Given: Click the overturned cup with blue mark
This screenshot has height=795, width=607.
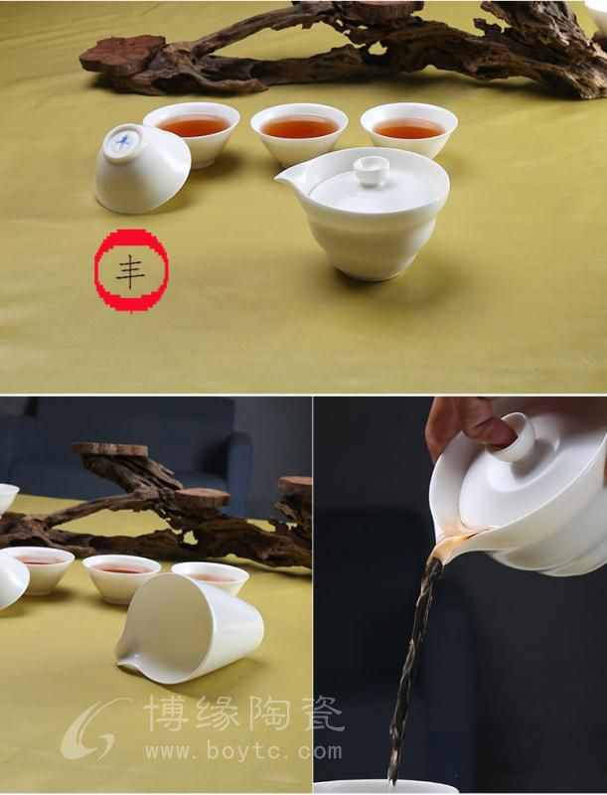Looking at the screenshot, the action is tap(142, 168).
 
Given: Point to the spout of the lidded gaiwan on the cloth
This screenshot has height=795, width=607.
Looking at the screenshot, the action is tap(288, 178).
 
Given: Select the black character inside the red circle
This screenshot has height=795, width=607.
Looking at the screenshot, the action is tap(130, 271).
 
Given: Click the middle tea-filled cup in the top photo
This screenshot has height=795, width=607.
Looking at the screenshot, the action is tap(299, 133).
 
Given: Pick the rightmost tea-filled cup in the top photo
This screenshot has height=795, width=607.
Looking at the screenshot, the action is tap(408, 130).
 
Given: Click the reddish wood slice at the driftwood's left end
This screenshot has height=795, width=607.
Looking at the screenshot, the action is tap(123, 54).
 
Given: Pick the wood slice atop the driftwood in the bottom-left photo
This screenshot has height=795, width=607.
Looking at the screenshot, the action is tap(109, 449).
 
